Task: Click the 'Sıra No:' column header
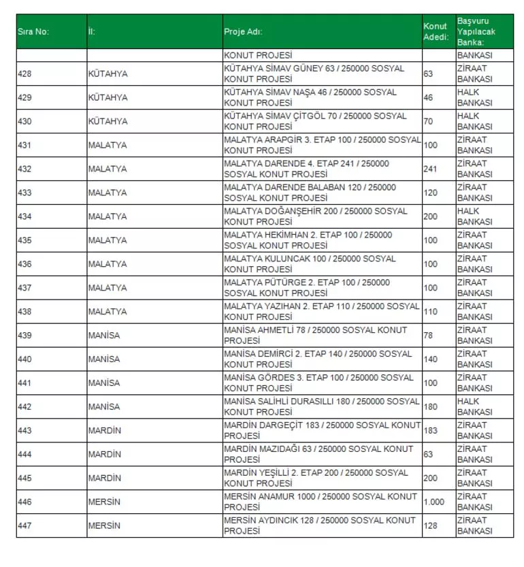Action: point(33,31)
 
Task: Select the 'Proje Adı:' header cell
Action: point(243,31)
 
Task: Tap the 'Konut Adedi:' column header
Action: point(436,31)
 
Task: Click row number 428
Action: point(24,74)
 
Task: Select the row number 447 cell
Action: point(24,525)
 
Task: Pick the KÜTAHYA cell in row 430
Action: point(108,121)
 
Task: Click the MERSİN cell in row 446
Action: point(104,502)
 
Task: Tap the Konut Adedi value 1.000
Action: point(433,502)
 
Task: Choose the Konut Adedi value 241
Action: point(430,169)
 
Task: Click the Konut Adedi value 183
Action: point(430,430)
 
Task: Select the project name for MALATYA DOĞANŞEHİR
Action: point(316,216)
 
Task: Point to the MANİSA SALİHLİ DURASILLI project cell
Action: point(321,406)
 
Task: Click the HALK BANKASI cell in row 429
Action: point(474,97)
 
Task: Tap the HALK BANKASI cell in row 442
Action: point(474,406)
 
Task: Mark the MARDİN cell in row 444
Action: point(104,454)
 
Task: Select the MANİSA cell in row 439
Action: point(104,335)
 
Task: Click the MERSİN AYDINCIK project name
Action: point(319,525)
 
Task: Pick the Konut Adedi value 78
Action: point(428,335)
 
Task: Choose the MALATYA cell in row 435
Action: point(108,240)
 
